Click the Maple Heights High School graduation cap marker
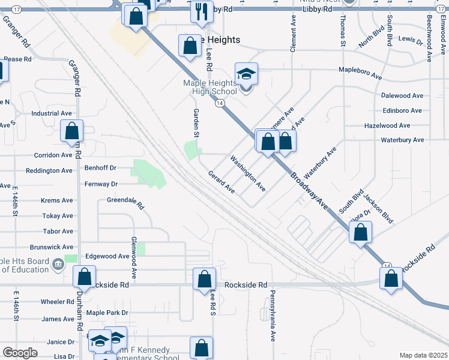click(x=246, y=74)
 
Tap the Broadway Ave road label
click(x=310, y=190)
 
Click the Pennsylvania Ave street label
click(x=273, y=315)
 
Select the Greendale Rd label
click(x=125, y=203)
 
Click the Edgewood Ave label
click(x=107, y=256)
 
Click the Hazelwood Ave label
click(x=387, y=125)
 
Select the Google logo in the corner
click(x=20, y=353)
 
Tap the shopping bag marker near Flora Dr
click(x=360, y=232)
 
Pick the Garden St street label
click(x=196, y=122)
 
